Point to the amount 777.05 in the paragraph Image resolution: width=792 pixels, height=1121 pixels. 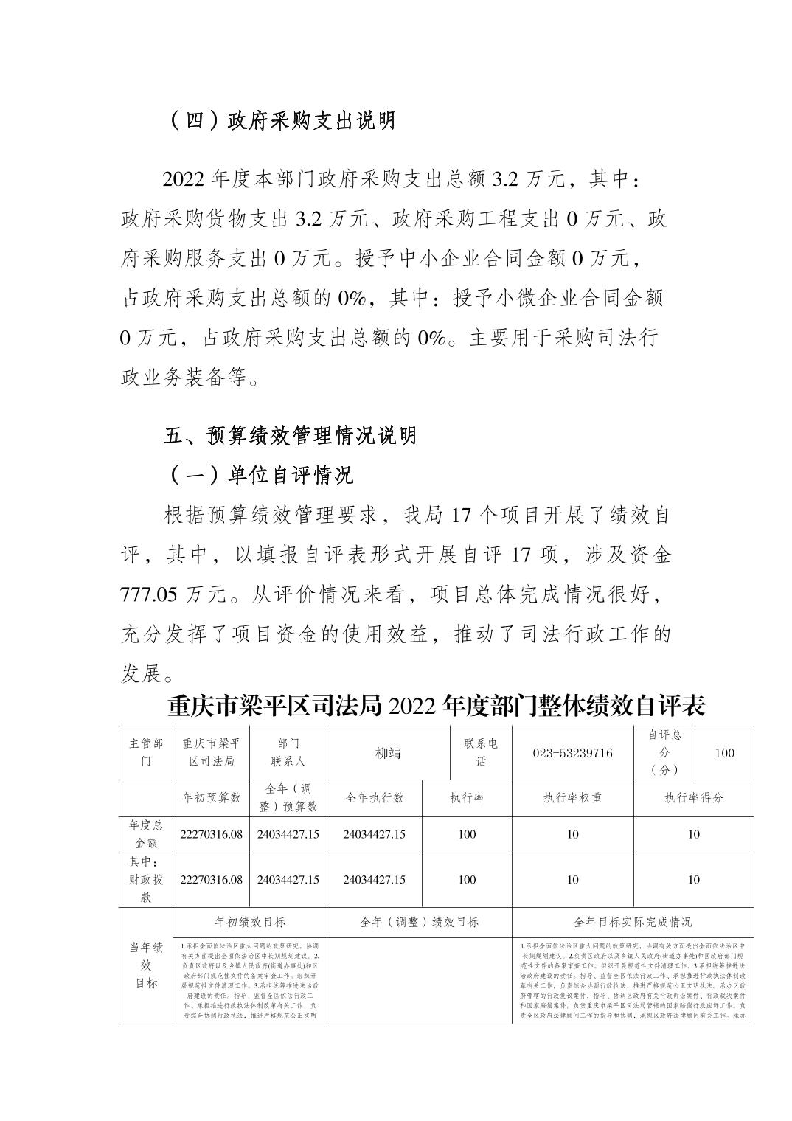pos(147,594)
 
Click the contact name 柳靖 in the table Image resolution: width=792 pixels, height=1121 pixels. pos(388,753)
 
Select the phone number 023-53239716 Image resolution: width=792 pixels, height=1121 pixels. pos(572,753)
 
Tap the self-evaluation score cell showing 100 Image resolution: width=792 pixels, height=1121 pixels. pos(724,753)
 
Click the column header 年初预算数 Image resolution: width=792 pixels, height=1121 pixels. pos(212,798)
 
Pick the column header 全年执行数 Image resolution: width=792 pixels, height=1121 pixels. pos(375,798)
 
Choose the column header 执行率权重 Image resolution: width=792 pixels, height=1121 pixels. pos(572,798)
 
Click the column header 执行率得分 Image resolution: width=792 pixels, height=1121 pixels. pos(693,798)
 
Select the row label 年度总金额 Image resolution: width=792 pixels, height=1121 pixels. pos(146,834)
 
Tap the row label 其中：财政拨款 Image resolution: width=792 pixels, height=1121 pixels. pos(146,879)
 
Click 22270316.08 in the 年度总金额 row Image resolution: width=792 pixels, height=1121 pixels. pos(212,835)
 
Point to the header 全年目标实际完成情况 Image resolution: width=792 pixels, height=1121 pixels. pos(633,922)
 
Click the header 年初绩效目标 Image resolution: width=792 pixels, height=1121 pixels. pos(249,922)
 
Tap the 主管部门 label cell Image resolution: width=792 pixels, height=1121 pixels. pos(146,752)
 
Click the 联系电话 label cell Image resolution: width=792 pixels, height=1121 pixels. pos(480,752)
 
